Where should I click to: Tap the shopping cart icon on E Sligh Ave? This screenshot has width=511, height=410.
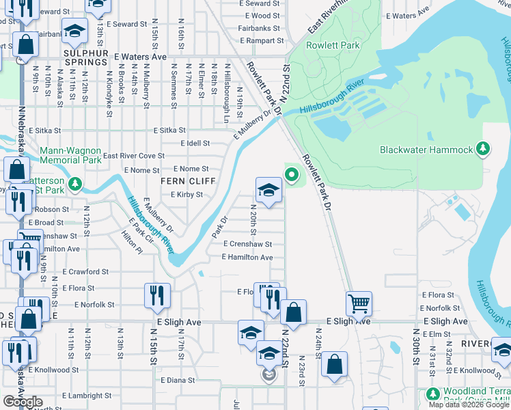tap(359, 303)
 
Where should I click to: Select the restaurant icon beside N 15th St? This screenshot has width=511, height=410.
tap(158, 295)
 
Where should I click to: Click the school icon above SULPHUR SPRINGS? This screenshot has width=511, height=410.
tap(74, 30)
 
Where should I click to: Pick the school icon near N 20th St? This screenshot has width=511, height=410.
tap(269, 191)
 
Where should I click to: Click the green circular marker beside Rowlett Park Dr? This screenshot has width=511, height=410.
tap(292, 175)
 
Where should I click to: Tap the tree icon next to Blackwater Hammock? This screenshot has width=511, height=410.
tap(483, 149)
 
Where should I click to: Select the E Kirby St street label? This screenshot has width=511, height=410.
tap(187, 195)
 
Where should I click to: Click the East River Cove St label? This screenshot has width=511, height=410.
tap(134, 156)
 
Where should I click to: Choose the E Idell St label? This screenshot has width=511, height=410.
tap(195, 143)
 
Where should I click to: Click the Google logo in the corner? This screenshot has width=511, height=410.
tap(23, 402)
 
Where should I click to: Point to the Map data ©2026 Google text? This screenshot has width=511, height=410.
tap(468, 405)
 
